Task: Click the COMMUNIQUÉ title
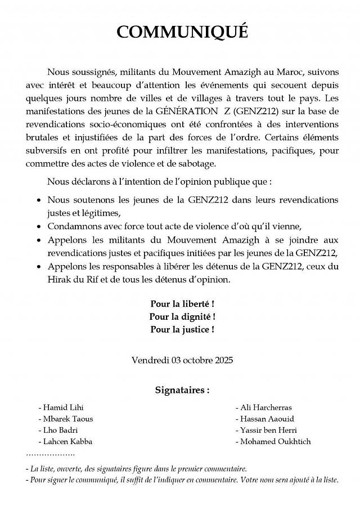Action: pos(182,32)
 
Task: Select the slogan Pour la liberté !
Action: pos(182,305)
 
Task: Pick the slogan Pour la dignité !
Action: pos(182,317)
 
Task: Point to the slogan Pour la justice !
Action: pos(182,329)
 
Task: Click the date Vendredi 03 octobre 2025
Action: pos(182,359)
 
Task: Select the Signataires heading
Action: pos(182,389)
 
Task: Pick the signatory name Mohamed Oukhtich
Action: pos(275,441)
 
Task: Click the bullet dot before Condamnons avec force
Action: pos(38,227)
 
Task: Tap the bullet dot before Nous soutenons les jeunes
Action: pos(38,200)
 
